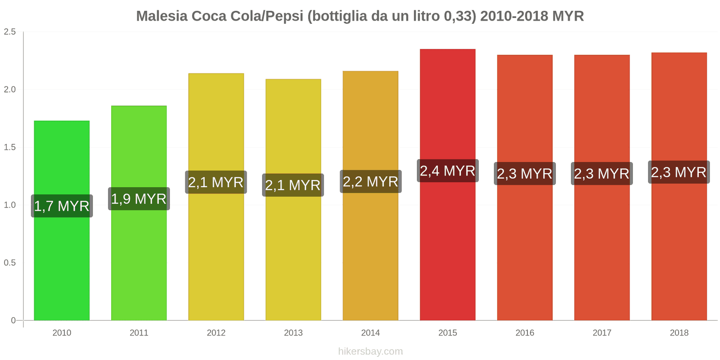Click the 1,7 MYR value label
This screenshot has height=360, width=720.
[x=62, y=206]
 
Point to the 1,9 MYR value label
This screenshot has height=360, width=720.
[x=139, y=199]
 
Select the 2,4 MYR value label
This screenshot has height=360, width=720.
[x=448, y=171]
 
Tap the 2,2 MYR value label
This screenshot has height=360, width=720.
[x=370, y=182]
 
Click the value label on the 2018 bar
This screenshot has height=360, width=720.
[x=679, y=172]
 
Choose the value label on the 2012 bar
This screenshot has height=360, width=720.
[x=216, y=182]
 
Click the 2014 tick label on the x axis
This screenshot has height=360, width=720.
[x=370, y=333]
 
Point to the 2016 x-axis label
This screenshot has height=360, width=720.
[x=525, y=333]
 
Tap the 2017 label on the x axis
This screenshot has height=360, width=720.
[x=602, y=333]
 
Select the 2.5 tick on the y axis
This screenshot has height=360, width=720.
[x=10, y=32]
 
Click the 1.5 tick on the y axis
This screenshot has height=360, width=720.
[x=10, y=148]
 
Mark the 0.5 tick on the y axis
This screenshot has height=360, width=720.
[x=10, y=263]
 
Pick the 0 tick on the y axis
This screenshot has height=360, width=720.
[x=13, y=320]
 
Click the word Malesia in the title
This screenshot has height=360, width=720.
[x=162, y=16]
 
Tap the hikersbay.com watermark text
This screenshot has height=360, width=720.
[x=370, y=351]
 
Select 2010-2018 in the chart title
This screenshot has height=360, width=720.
[x=514, y=16]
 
